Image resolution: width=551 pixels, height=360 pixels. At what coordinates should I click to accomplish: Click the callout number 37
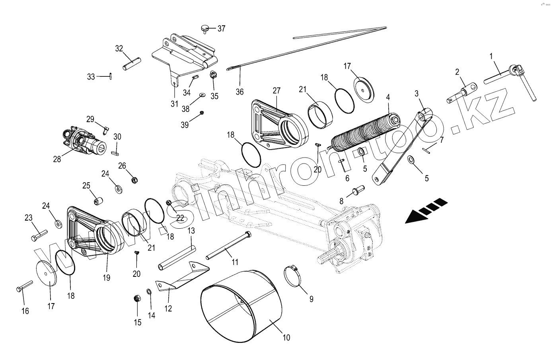[221, 29]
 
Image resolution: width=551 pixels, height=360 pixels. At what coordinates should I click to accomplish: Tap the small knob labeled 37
[205, 28]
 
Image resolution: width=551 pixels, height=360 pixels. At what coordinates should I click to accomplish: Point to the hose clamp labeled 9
[294, 276]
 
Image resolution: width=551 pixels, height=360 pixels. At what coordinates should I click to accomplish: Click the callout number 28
[57, 159]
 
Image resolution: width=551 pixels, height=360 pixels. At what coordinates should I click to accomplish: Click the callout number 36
[239, 92]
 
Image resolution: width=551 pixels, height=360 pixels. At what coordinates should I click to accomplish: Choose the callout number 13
[191, 231]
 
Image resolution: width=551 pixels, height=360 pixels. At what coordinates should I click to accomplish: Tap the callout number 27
[277, 91]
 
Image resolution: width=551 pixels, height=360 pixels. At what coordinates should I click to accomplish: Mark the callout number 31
[174, 104]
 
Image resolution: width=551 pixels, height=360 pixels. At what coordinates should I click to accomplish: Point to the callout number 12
[168, 308]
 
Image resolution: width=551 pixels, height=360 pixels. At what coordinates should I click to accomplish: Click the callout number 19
[107, 278]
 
